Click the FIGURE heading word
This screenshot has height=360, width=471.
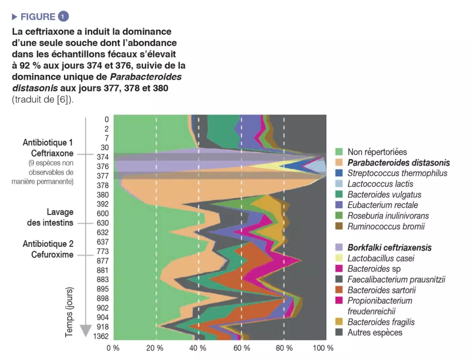(x=38, y=17)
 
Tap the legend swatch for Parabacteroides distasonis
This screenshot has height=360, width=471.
(x=340, y=162)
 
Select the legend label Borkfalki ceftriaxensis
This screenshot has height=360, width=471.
(x=389, y=248)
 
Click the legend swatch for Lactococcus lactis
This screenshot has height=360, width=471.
(x=340, y=184)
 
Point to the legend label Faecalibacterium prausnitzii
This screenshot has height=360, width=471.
(x=396, y=279)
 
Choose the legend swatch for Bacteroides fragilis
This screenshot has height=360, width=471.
(x=340, y=322)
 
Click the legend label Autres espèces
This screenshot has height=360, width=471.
(x=375, y=332)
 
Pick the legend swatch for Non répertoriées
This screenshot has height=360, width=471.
(x=340, y=152)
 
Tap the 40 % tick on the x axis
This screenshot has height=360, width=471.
(x=198, y=348)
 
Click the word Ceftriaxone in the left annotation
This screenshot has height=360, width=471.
(x=52, y=153)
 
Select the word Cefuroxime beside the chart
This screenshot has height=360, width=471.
(x=52, y=255)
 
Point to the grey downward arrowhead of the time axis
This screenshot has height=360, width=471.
(x=86, y=330)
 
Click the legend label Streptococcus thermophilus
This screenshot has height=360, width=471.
(x=397, y=173)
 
